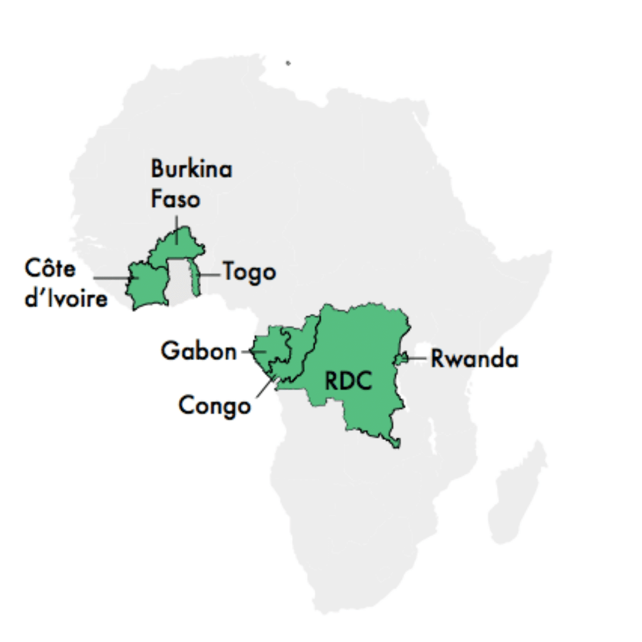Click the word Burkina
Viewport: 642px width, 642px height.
click(x=191, y=169)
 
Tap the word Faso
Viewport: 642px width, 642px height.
click(x=175, y=199)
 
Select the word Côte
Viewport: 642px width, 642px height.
click(x=51, y=269)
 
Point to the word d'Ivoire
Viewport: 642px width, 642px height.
click(x=66, y=298)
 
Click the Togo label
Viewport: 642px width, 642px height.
click(x=250, y=273)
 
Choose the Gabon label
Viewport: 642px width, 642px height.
click(x=199, y=351)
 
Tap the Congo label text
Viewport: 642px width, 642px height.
click(x=214, y=407)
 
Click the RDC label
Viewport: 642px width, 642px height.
click(x=348, y=381)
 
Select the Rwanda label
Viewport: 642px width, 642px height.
click(x=474, y=359)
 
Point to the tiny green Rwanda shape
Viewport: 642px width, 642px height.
click(x=402, y=358)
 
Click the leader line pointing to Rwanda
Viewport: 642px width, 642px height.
click(x=417, y=358)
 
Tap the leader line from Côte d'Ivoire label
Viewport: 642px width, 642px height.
click(x=113, y=278)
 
